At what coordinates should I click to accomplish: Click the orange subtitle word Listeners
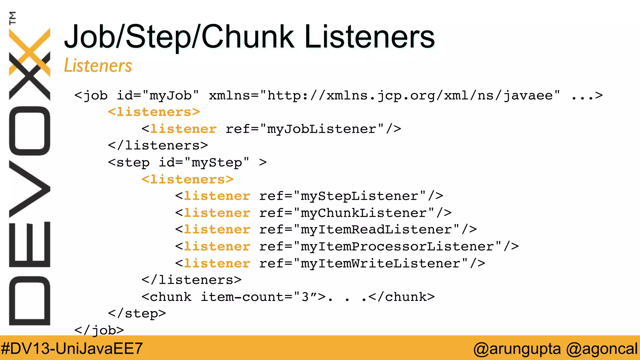click(98, 66)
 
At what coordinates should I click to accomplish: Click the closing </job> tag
click(99, 330)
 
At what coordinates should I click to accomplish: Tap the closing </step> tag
click(137, 313)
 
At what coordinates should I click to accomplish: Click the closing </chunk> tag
click(402, 297)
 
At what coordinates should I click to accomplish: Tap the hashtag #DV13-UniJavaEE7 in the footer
click(72, 348)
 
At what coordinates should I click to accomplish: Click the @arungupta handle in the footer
click(517, 348)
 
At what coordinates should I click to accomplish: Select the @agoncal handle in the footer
click(602, 348)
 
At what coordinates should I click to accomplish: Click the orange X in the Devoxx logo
click(30, 52)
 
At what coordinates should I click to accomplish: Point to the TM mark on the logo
click(12, 18)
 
